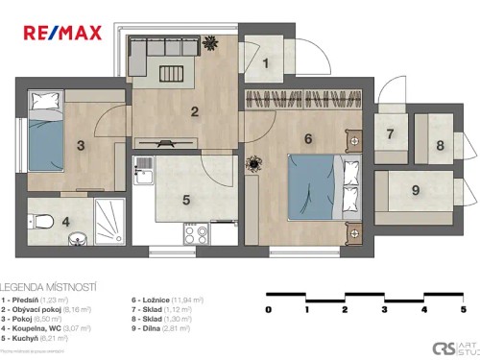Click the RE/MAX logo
(63, 32)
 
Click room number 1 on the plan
(268, 64)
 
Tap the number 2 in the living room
(195, 111)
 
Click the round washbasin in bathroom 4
(80, 236)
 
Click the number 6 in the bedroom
(307, 139)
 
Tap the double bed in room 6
(317, 188)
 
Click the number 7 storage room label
(390, 134)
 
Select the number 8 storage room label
(440, 145)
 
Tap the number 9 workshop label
(415, 190)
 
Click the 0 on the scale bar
(269, 310)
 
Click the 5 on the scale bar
(463, 310)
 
